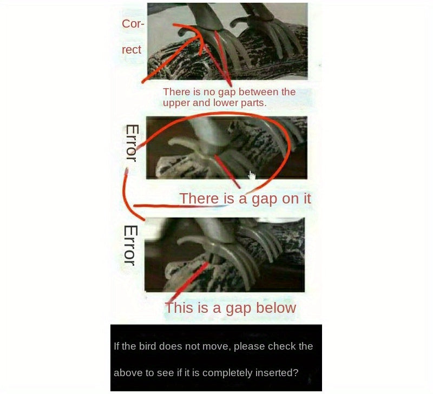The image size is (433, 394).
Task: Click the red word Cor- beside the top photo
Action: pos(133,24)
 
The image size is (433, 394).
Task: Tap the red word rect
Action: pos(132,50)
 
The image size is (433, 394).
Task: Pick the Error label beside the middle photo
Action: pos(132,143)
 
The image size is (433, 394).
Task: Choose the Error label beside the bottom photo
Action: pos(130,245)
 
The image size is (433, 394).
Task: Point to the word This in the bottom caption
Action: pos(178,307)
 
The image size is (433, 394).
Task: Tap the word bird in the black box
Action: pos(147,346)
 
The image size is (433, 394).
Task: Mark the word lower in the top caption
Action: pos(226,103)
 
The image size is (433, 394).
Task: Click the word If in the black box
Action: pos(116,346)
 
